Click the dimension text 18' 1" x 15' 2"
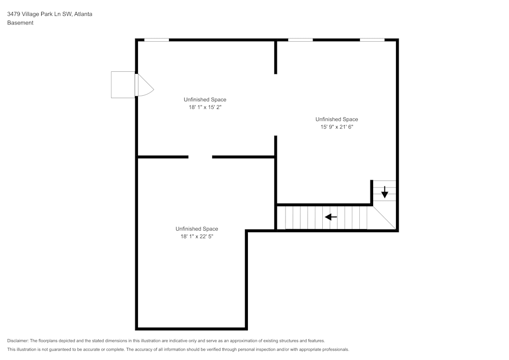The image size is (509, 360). click(x=205, y=107)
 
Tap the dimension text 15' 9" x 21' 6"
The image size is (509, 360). click(x=336, y=127)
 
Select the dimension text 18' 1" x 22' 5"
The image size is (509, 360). click(x=196, y=236)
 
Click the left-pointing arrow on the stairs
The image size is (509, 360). click(x=331, y=217)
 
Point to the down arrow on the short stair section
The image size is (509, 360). click(x=385, y=192)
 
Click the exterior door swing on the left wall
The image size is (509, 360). click(x=144, y=85)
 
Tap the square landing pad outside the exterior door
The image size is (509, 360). click(x=123, y=85)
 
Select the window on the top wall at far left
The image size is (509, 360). click(x=156, y=40)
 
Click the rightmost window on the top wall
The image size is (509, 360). click(x=372, y=40)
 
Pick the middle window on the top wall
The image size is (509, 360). click(x=300, y=40)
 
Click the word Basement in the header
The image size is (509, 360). click(x=20, y=23)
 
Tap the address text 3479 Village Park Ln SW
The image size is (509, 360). click(x=39, y=14)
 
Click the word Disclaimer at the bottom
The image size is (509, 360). click(x=18, y=341)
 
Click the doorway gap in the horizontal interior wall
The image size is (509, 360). click(x=200, y=157)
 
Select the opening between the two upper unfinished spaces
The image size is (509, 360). click(x=275, y=105)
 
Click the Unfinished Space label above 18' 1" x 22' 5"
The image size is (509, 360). click(x=196, y=229)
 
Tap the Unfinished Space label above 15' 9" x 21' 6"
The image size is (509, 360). click(x=336, y=120)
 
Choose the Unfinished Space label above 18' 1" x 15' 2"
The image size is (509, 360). click(x=205, y=100)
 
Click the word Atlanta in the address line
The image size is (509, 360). click(x=83, y=14)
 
